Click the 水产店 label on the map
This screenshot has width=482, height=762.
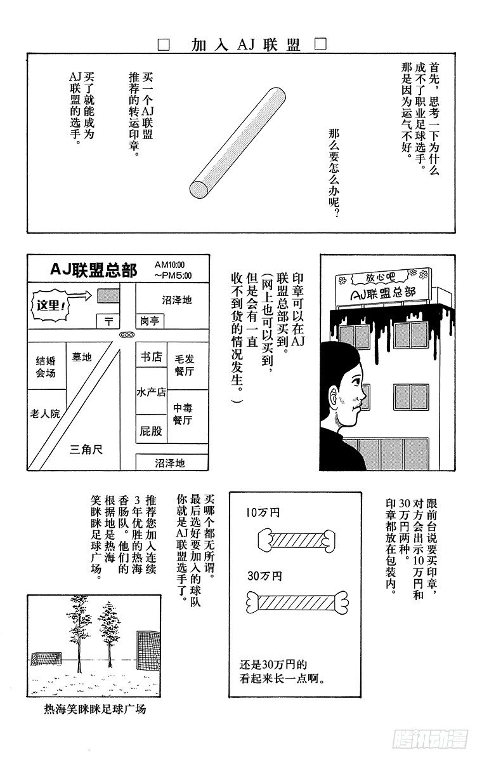pyautogui.click(x=151, y=392)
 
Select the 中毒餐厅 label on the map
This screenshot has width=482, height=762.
pyautogui.click(x=183, y=414)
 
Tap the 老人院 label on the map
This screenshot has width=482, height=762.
pyautogui.click(x=44, y=413)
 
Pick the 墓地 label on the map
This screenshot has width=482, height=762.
pyautogui.click(x=82, y=358)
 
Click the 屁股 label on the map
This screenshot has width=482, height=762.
pyautogui.click(x=151, y=431)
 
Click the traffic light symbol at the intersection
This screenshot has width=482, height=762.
pyautogui.click(x=127, y=334)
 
